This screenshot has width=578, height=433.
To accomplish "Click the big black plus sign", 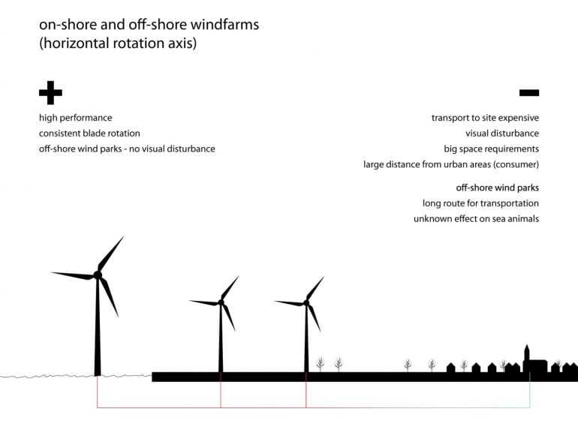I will coord(50,93).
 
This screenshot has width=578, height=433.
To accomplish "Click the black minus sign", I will coord(528,93).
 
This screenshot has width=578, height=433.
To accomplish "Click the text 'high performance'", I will coord(76,118).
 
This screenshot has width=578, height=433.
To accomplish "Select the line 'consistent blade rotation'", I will coord(89,134).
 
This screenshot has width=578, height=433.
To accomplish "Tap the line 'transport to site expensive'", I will coord(485,118).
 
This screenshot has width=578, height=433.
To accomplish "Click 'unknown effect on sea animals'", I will coord(476,218).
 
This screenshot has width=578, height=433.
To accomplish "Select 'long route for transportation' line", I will coord(480,203).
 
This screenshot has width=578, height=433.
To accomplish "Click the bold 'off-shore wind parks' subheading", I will coord(497,188).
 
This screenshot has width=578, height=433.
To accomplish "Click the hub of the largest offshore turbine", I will coord(97,275).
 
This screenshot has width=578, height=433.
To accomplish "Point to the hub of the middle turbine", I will coord(221,302).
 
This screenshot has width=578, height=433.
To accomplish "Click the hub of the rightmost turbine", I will coord(306,302).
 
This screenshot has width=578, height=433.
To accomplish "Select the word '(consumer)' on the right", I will coord(513,164).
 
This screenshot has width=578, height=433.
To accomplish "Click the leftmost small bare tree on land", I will coord(321,365).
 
